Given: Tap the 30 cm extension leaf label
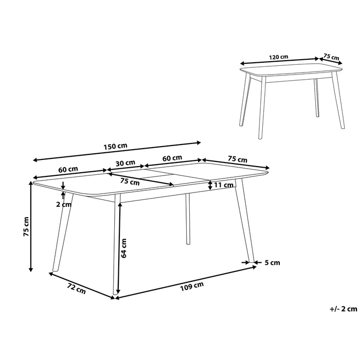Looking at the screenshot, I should (125, 163).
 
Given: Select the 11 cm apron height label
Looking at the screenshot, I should (223, 185).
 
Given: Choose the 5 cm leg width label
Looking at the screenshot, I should (272, 263).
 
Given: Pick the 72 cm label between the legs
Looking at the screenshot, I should (76, 290).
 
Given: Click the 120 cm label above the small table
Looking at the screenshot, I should (278, 57).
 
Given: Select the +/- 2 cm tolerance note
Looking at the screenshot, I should (343, 309).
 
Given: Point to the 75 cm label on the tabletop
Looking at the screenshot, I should (130, 182).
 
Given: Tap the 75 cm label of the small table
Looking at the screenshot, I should (332, 57).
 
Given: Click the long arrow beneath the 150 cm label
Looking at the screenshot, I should (116, 151).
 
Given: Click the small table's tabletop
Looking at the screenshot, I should (291, 70).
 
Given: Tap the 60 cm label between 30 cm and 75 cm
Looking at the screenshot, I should (172, 158).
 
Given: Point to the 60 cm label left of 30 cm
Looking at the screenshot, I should (67, 169).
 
